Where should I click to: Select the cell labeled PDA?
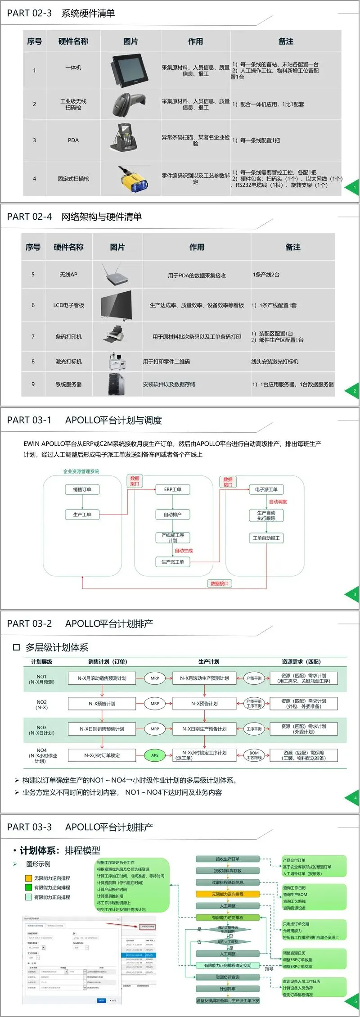pos(73,140)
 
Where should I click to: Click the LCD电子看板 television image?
pos(117,305)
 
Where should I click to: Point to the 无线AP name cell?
pos(68,275)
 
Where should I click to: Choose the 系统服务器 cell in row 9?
pos(68,384)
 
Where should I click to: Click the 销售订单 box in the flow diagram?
pos(82,489)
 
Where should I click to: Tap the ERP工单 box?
pos(172,489)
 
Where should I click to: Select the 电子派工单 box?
pos(266,489)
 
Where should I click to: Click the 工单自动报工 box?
pos(266,538)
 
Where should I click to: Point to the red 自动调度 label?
pos(278,502)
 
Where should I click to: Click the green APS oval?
pos(155,755)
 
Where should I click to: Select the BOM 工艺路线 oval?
pos(254,755)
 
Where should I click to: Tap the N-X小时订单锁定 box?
pos(102,755)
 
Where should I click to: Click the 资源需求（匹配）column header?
pos(301,662)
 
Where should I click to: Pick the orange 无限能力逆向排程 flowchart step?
pos(228,894)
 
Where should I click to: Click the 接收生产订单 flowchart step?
pos(228,859)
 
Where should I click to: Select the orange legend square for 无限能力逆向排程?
pos(29,878)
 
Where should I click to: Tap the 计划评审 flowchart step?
pos(228,989)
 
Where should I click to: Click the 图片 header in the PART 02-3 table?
pos(130,41)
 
